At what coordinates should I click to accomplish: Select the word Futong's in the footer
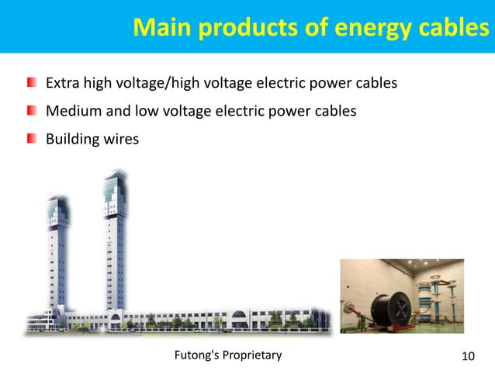pos(197,355)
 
